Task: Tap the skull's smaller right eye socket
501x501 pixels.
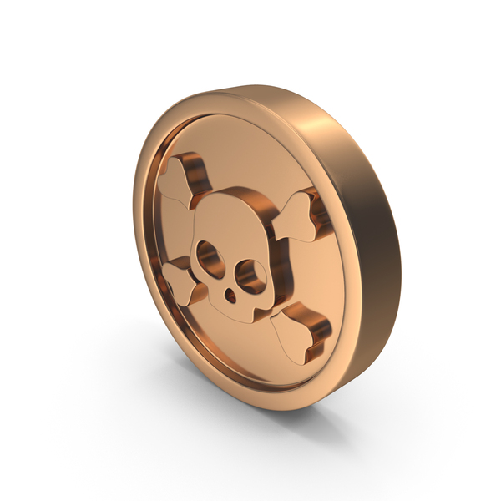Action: coord(245,272)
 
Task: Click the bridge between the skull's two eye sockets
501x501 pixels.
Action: coord(226,266)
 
